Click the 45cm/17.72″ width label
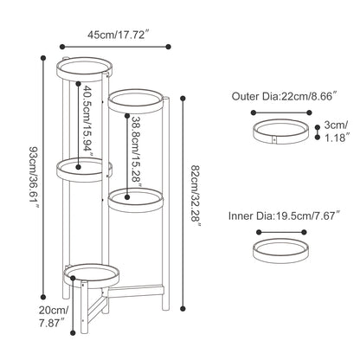(x=119, y=35)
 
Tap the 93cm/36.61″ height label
(x=35, y=178)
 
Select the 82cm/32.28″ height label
(x=196, y=196)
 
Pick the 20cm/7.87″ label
(x=54, y=317)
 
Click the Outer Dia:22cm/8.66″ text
(x=285, y=96)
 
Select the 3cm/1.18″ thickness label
(x=337, y=132)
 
